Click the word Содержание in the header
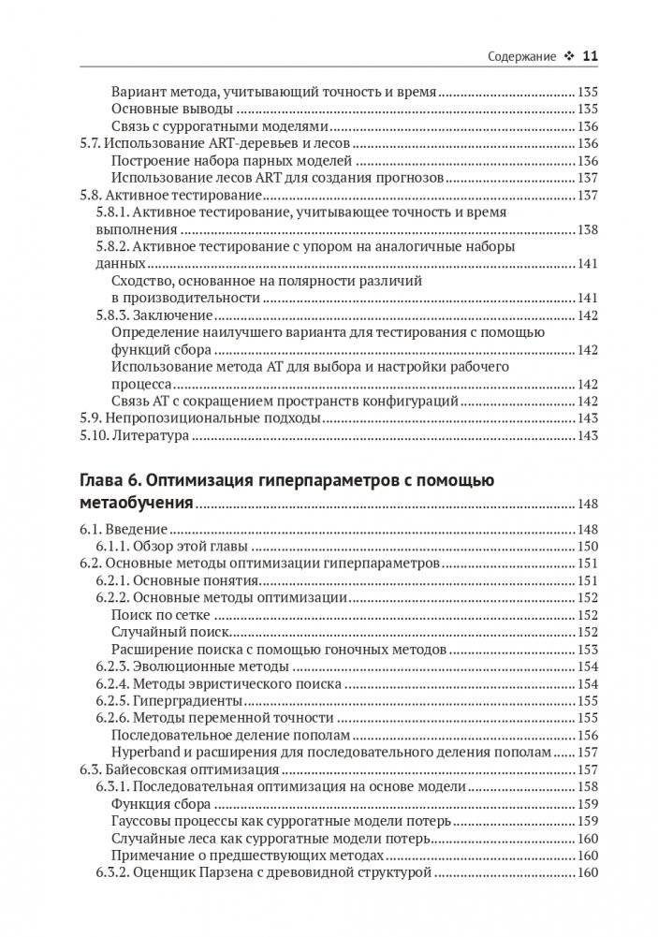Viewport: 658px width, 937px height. pyautogui.click(x=521, y=56)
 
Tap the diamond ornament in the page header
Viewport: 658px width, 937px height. pyautogui.click(x=568, y=56)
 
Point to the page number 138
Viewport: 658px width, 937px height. pyautogui.click(x=588, y=229)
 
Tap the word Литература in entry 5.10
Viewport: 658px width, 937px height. pyautogui.click(x=150, y=435)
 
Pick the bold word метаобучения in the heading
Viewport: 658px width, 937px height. pyautogui.click(x=133, y=505)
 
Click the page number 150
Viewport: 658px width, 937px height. pyautogui.click(x=588, y=546)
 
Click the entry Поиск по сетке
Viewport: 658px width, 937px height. pyautogui.click(x=160, y=615)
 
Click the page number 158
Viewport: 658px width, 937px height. pyautogui.click(x=588, y=786)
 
